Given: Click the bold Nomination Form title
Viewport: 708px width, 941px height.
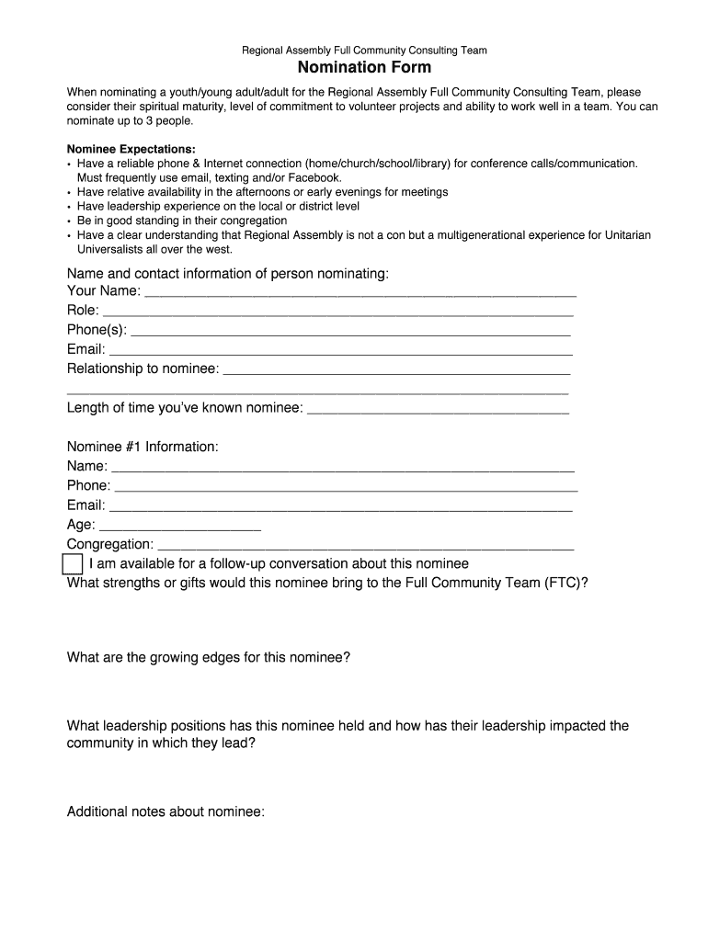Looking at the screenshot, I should click(x=364, y=68).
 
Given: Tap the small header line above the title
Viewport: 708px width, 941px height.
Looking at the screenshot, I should click(x=364, y=51).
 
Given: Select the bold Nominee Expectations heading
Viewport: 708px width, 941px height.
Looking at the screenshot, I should click(x=131, y=149).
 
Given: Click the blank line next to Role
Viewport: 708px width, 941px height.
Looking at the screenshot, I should click(x=337, y=313).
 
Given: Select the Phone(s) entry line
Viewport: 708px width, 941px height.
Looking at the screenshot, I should click(x=351, y=333).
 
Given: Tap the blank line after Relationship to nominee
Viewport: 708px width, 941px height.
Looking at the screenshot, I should click(x=396, y=371).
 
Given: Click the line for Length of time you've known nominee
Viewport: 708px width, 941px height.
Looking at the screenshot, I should click(x=438, y=411).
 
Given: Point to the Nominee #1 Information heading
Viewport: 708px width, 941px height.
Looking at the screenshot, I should click(x=143, y=447).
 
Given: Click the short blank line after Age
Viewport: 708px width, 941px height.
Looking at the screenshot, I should click(x=179, y=527).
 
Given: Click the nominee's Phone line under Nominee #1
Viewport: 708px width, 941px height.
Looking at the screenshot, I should click(x=346, y=488).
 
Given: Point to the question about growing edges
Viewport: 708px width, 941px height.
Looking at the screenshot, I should click(x=208, y=658).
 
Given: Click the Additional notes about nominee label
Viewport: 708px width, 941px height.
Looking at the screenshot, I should click(x=166, y=811).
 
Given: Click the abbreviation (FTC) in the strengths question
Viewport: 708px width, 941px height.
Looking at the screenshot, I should click(x=565, y=583).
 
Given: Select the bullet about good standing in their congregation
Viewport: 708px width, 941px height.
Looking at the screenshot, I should click(x=182, y=221).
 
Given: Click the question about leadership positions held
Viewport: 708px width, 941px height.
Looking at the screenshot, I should click(x=348, y=726).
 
